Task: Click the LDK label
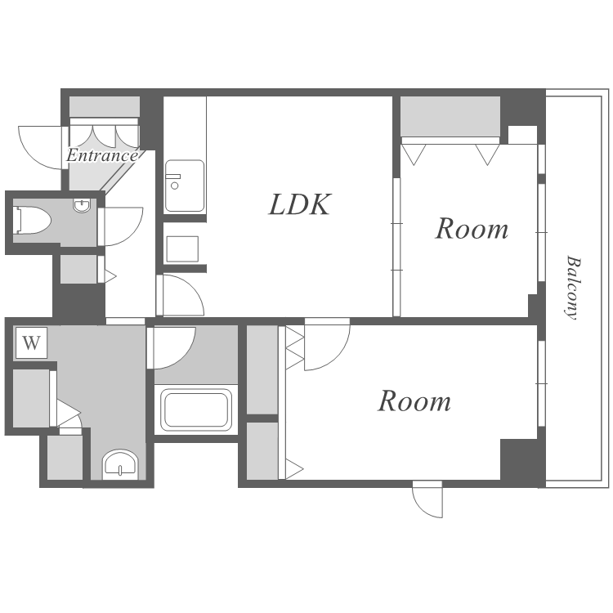300,204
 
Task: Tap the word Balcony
573,288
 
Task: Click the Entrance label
101,155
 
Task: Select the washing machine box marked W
31,342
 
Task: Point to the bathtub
196,409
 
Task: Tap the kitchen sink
185,186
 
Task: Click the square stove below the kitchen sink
182,248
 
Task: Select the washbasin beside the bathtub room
120,464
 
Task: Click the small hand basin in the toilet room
82,205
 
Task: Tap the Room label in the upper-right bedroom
472,229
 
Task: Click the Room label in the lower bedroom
414,401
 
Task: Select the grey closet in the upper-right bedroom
450,116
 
